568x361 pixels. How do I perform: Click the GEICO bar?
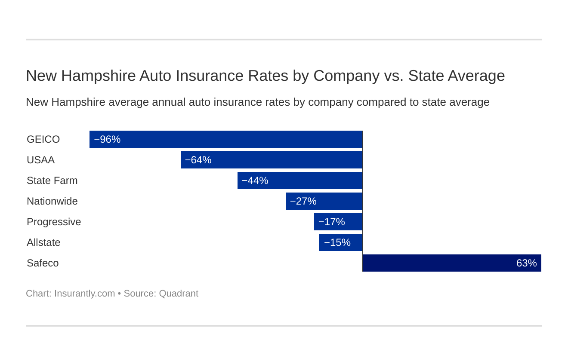(226, 139)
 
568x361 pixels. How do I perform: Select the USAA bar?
(272, 160)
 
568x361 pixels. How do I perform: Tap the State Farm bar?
(300, 180)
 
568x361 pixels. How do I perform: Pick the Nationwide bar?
(324, 201)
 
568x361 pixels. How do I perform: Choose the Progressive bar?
(338, 222)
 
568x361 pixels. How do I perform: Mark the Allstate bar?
(341, 242)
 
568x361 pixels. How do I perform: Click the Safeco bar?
(452, 263)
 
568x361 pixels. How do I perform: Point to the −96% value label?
(107, 139)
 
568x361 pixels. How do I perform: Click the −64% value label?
(198, 160)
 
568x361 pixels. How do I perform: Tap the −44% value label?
(255, 180)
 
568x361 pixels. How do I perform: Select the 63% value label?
(526, 263)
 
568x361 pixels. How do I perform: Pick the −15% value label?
(337, 242)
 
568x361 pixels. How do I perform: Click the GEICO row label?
(43, 139)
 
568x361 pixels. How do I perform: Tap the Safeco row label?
(43, 263)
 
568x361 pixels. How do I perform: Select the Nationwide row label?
(52, 201)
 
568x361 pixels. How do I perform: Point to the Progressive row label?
(54, 222)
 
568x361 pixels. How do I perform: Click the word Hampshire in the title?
(99, 76)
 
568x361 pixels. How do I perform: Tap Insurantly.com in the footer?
(84, 294)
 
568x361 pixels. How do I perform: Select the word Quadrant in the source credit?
(179, 294)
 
